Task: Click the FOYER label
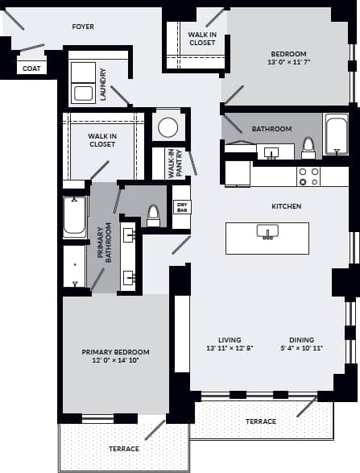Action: coord(83,27)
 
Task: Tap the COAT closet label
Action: coord(30,69)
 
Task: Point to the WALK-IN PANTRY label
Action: coord(171,164)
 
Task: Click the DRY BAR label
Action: coord(182,207)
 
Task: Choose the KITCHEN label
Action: coord(286,206)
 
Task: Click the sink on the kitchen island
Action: coord(267,233)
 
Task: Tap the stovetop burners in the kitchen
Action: coord(309,176)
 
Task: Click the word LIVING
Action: coord(230,339)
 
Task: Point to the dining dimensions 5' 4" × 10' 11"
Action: coord(302,349)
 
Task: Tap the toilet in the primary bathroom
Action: coord(153,214)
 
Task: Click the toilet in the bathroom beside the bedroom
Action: coord(308,147)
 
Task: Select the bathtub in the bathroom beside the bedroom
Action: coord(335,134)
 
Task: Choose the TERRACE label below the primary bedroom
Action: coord(124,448)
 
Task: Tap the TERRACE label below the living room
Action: coord(260,421)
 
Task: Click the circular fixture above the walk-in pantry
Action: coord(168,127)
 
